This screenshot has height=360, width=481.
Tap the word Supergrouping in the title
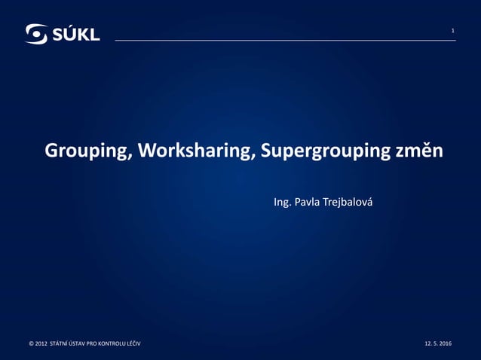pyautogui.click(x=324, y=151)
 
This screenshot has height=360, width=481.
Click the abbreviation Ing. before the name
pyautogui.click(x=283, y=203)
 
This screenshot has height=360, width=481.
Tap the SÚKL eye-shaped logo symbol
pyautogui.click(x=37, y=34)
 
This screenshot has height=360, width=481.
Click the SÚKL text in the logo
pyautogui.click(x=75, y=34)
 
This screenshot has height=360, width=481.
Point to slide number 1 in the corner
pyautogui.click(x=452, y=31)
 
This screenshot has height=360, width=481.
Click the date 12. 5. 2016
pyautogui.click(x=438, y=344)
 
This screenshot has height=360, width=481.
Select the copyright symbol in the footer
pyautogui.click(x=31, y=344)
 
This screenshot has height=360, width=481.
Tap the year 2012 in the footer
pyautogui.click(x=41, y=344)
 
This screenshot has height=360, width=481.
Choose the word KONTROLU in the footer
pyautogui.click(x=111, y=344)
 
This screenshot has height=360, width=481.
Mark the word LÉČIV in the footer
pyautogui.click(x=133, y=344)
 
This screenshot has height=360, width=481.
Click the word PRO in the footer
pyautogui.click(x=95, y=344)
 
